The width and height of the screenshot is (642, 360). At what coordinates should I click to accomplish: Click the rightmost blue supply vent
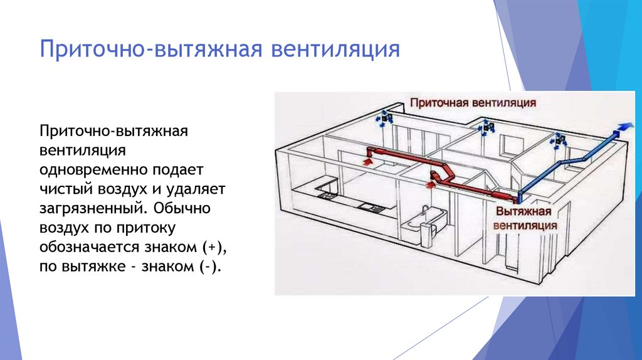[x=559, y=141]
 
